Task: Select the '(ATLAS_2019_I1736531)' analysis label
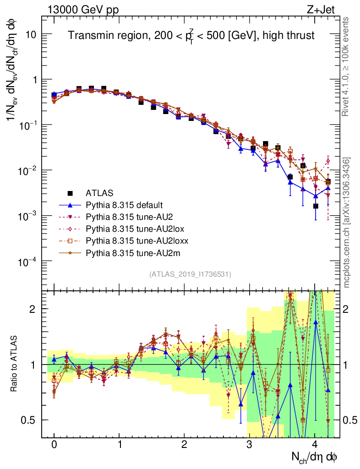pyautogui.click(x=190, y=274)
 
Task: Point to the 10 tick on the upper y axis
pyautogui.click(x=32, y=34)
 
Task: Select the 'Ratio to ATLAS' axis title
pyautogui.click(x=14, y=364)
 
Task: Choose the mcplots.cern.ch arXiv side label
pyautogui.click(x=347, y=223)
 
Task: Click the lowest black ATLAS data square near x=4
pyautogui.click(x=316, y=206)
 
